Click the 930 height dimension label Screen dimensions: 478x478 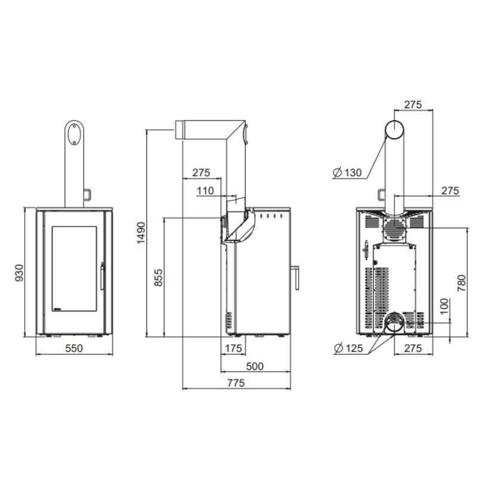[x=19, y=273]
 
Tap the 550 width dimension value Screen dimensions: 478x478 [x=74, y=348]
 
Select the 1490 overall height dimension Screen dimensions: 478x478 [x=141, y=233]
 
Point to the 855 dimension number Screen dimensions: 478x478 [x=158, y=278]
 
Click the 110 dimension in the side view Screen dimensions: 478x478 [x=205, y=191]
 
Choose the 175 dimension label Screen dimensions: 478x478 [x=233, y=348]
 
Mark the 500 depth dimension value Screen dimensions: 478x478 [x=255, y=366]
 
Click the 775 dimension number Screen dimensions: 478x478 [x=236, y=383]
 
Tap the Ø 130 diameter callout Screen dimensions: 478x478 [x=347, y=173]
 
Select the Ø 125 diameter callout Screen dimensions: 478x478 [x=348, y=348]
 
